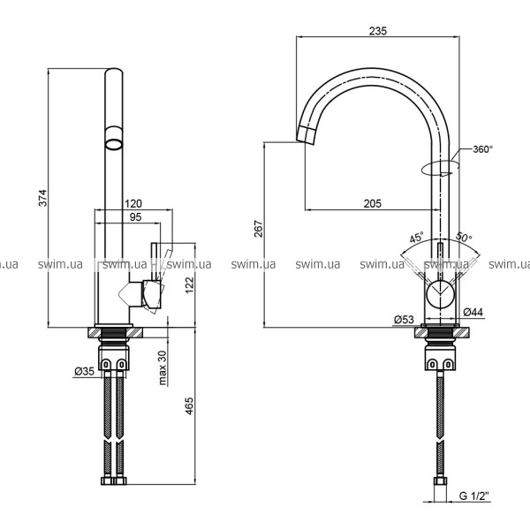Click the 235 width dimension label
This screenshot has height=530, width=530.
pyautogui.click(x=377, y=31)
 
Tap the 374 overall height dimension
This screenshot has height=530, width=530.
pyautogui.click(x=43, y=198)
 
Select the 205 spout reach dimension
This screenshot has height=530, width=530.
pyautogui.click(x=373, y=203)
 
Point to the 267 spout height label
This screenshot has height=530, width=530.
pyautogui.click(x=259, y=229)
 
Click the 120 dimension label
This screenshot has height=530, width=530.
pyautogui.click(x=133, y=204)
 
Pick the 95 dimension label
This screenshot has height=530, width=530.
pyautogui.click(x=135, y=217)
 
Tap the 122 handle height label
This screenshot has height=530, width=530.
pyautogui.click(x=190, y=285)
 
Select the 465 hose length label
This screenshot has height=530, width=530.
pyautogui.click(x=190, y=406)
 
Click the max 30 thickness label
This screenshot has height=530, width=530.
pyautogui.click(x=163, y=367)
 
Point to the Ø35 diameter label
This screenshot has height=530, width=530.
pyautogui.click(x=85, y=372)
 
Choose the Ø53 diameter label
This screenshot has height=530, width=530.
pyautogui.click(x=404, y=319)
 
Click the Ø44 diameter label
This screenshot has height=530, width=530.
pyautogui.click(x=473, y=312)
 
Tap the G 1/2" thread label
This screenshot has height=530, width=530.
pyautogui.click(x=474, y=496)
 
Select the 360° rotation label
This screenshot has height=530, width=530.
pyautogui.click(x=483, y=149)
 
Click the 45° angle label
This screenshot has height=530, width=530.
pyautogui.click(x=416, y=238)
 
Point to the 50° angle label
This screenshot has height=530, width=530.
pyautogui.click(x=464, y=237)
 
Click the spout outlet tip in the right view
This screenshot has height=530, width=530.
pyautogui.click(x=306, y=142)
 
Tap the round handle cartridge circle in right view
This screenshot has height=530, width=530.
pyautogui.click(x=440, y=294)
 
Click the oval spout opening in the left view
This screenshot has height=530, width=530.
pyautogui.click(x=114, y=144)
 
